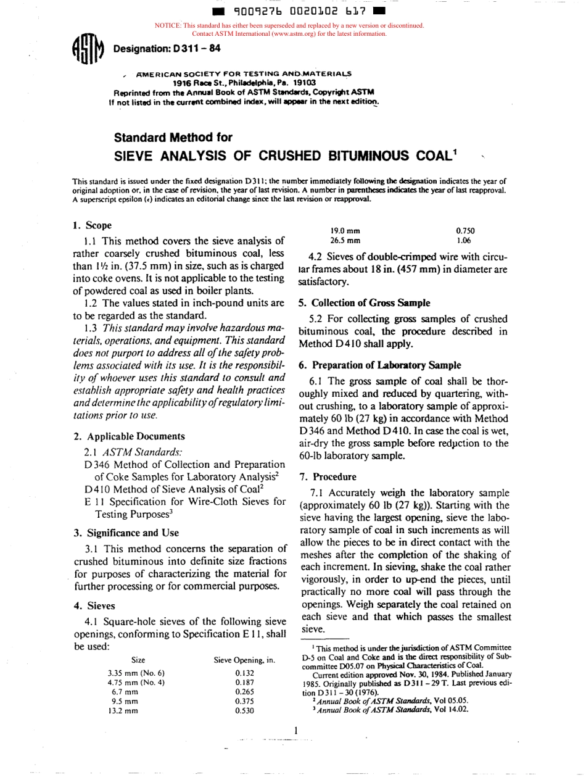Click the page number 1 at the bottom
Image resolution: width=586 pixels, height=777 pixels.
tap(296, 731)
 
